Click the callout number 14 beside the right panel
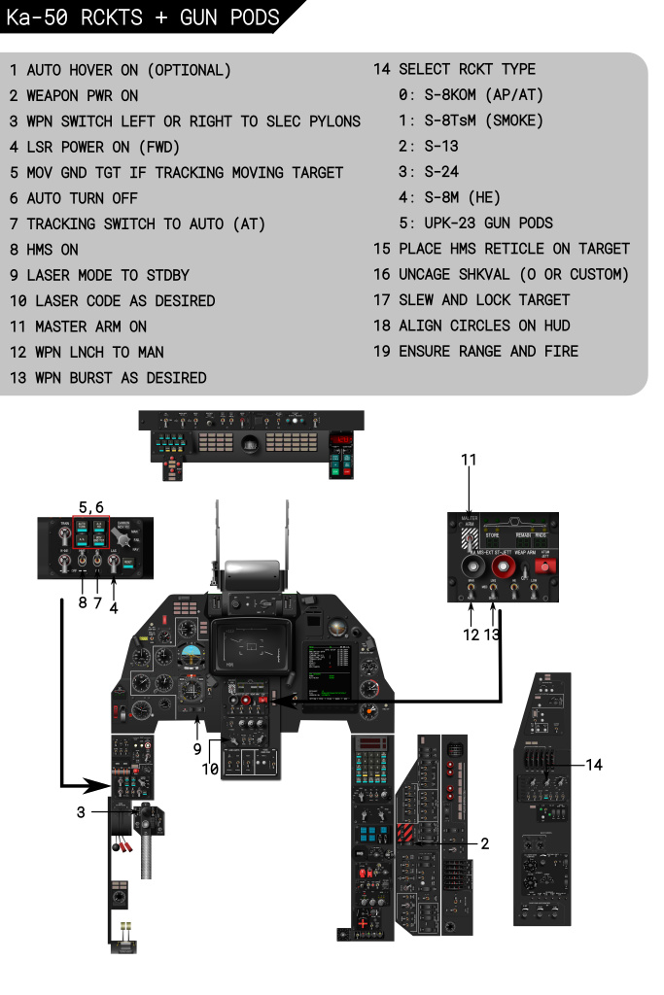[594, 765]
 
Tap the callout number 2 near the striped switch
[484, 843]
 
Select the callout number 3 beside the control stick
[82, 812]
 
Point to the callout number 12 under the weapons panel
[472, 635]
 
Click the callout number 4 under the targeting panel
[114, 608]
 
